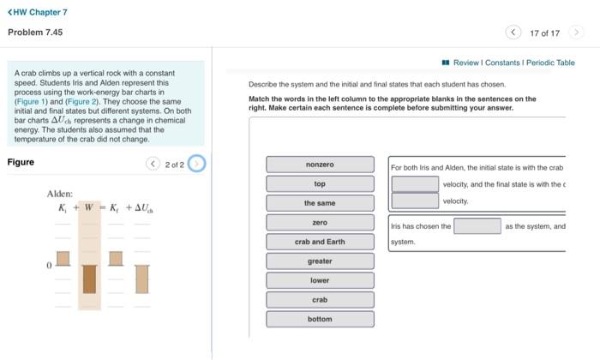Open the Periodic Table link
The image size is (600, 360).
point(550,63)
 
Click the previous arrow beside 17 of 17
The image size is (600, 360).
point(513,33)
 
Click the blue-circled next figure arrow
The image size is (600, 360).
point(196,163)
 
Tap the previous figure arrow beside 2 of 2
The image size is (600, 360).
point(153,163)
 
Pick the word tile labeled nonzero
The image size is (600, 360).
point(320,165)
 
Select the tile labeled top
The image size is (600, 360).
point(320,184)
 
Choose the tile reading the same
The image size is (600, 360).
point(320,203)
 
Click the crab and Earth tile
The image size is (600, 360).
point(320,242)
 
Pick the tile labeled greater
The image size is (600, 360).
point(320,261)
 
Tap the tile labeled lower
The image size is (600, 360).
point(320,281)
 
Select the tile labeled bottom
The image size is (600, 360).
point(320,319)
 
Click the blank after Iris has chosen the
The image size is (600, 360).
point(477,226)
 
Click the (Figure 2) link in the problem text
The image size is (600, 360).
point(80,102)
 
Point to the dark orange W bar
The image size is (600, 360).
point(89,279)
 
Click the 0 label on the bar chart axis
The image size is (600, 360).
point(50,266)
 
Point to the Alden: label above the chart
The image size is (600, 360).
point(59,194)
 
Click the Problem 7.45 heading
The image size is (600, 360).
point(35,33)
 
